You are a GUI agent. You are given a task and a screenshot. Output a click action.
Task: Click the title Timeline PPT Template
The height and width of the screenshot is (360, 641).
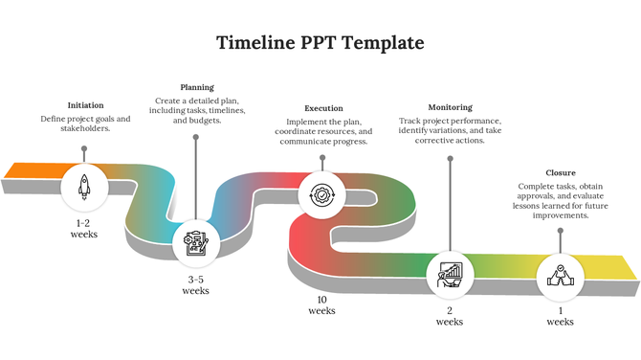coord(320,43)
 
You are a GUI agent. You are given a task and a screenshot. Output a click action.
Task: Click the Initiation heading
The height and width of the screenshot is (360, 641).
coord(86,105)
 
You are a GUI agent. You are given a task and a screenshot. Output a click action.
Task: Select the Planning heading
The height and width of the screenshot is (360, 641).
coord(197,87)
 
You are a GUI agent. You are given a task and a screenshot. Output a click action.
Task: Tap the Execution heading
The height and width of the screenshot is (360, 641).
coord(323,108)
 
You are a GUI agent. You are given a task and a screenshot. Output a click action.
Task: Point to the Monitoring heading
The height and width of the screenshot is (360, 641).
coord(450,107)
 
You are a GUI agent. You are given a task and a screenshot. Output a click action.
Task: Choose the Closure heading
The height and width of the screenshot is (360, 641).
coord(561,172)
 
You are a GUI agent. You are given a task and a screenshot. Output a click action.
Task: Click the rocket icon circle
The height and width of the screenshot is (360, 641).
coord(84,187)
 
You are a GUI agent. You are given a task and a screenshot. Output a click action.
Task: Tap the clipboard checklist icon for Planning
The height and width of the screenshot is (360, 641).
coord(195,243)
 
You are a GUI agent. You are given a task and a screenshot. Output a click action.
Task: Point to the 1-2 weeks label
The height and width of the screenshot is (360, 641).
coord(84,228)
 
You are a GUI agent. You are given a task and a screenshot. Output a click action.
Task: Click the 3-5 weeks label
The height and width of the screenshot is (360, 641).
coord(195,284)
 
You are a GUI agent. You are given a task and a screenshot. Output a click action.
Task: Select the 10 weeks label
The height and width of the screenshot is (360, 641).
coord(321,304)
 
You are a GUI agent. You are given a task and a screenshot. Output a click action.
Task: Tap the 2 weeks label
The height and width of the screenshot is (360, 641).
coord(450,316)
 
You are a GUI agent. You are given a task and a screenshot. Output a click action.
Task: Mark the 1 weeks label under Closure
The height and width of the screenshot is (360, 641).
coord(560,316)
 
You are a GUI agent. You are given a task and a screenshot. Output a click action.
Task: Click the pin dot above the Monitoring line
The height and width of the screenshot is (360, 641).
coord(450,158)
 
